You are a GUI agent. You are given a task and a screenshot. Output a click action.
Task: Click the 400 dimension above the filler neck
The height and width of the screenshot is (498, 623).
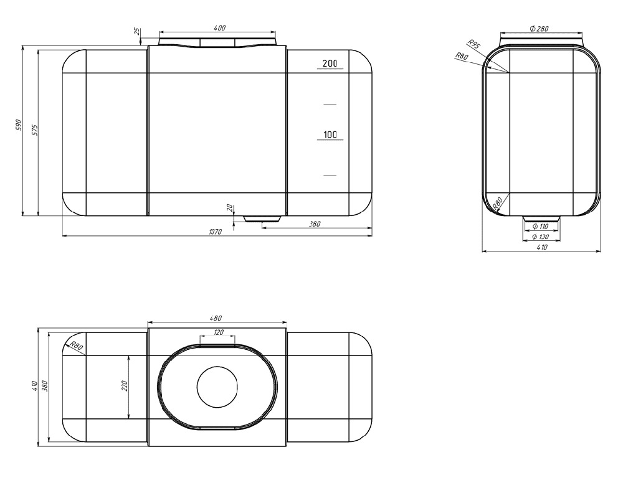(219, 28)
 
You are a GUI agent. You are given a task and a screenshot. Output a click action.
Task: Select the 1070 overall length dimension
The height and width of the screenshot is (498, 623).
(215, 232)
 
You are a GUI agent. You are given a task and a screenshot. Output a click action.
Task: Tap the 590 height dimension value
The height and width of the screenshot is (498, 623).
(18, 125)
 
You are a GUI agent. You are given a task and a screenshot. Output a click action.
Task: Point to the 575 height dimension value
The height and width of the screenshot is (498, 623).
(34, 131)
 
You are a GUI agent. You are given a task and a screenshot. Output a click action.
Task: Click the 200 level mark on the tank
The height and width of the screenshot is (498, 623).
(330, 63)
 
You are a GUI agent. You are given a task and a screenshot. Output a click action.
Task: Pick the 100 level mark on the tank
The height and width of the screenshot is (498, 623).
(330, 134)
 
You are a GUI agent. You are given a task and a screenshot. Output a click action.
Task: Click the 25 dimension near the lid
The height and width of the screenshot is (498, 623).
(136, 31)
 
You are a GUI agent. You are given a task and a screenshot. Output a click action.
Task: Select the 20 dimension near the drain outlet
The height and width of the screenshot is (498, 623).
(229, 207)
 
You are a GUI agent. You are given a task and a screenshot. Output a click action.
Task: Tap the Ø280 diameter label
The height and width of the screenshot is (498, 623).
(539, 29)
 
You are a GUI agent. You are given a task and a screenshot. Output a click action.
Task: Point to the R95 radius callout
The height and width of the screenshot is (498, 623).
(473, 44)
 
